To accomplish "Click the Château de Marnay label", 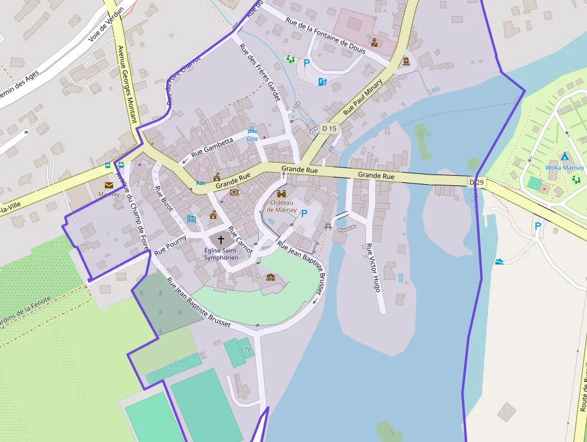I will [x=282, y=206].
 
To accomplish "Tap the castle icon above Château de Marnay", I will [x=282, y=194].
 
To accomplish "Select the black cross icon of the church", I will [x=221, y=239].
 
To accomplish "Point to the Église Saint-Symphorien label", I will [x=221, y=254].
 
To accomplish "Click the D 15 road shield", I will [x=329, y=128].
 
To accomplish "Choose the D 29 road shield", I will [x=476, y=182].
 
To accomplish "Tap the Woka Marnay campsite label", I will [x=564, y=167].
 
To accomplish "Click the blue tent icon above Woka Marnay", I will [x=564, y=157].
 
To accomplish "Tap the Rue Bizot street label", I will [x=164, y=199].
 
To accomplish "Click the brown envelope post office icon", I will [x=109, y=185].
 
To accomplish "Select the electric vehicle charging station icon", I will [x=322, y=82].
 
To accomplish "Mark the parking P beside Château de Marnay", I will [x=304, y=214].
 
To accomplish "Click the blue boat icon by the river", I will [x=500, y=261].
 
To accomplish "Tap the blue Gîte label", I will [x=252, y=139].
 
